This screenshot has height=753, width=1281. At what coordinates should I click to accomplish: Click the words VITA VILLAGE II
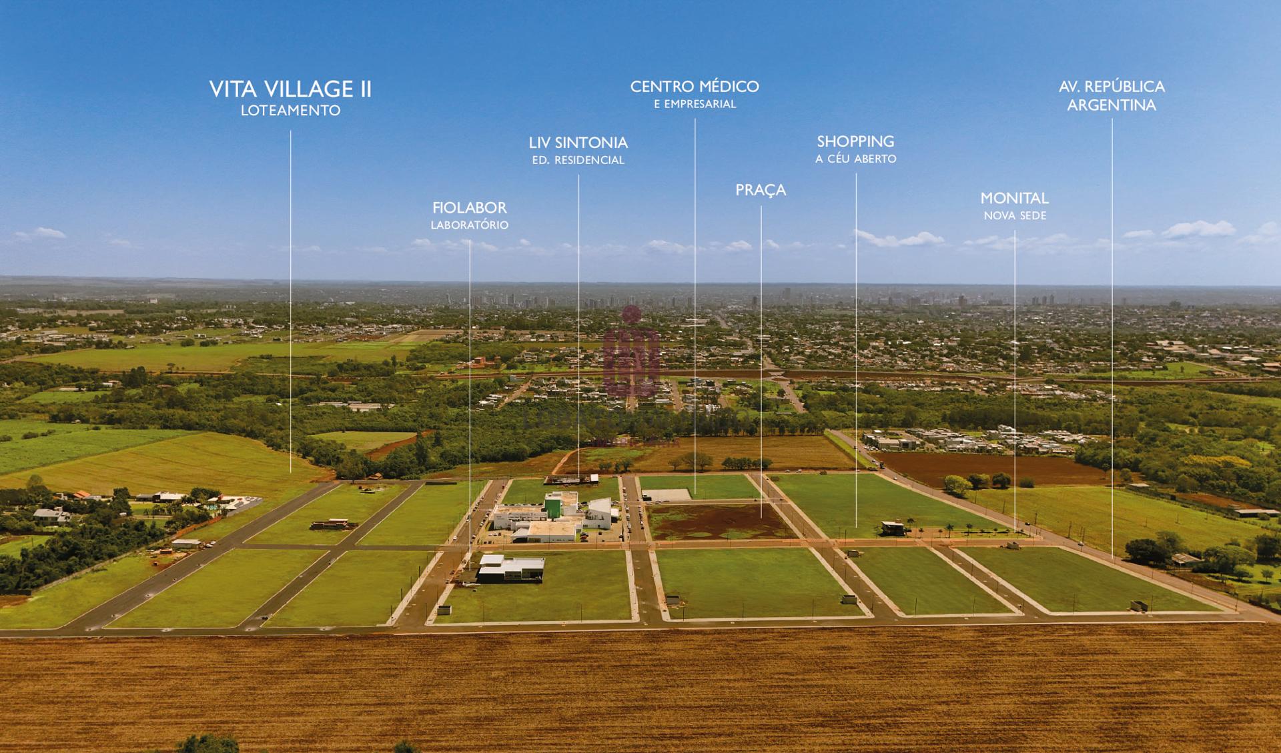(x=290, y=89)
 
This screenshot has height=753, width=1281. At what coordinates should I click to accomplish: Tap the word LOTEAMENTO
(x=290, y=111)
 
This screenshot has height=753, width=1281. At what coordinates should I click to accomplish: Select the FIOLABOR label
(x=470, y=208)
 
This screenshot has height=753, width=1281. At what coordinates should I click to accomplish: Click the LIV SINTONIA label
(x=578, y=143)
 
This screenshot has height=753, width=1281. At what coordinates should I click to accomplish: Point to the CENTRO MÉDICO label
(x=695, y=87)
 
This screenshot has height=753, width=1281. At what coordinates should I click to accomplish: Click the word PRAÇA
(x=761, y=191)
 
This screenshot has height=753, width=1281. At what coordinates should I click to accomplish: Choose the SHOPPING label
(x=856, y=141)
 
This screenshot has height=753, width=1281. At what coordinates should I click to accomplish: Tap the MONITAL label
(x=1014, y=198)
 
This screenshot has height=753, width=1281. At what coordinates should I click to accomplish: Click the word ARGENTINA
(x=1112, y=105)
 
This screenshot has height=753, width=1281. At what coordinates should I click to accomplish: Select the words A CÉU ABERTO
(x=856, y=159)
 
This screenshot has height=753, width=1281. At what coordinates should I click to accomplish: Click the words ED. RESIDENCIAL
(x=578, y=161)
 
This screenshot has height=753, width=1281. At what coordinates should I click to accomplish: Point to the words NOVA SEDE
(x=1015, y=216)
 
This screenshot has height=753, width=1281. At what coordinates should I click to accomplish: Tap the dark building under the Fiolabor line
(x=510, y=570)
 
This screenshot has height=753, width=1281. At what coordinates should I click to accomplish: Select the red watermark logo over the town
(x=631, y=350)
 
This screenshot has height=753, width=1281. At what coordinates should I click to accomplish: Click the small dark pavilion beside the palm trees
(x=893, y=529)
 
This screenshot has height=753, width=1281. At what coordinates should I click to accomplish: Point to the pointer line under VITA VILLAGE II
(x=291, y=300)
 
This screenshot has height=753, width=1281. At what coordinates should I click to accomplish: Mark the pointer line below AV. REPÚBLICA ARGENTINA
(x=1112, y=333)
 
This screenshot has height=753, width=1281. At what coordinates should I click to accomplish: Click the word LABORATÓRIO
(x=470, y=225)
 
